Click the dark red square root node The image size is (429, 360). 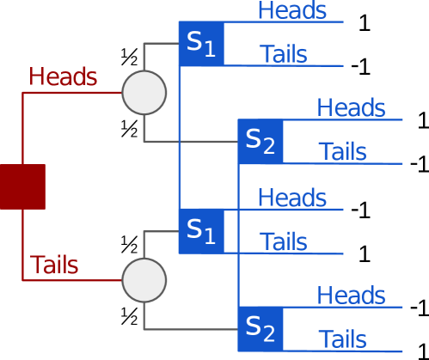[x=22, y=186]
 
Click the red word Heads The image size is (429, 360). [x=63, y=76]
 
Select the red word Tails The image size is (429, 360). [x=54, y=265]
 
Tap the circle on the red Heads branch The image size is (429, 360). [x=144, y=93]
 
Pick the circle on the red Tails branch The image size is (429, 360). [x=144, y=280]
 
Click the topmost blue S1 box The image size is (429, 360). [x=201, y=43]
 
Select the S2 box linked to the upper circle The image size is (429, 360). [x=260, y=142]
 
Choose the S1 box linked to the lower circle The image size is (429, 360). [x=201, y=230]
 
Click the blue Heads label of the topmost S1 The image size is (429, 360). [x=292, y=10]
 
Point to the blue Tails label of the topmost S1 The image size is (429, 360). [x=284, y=54]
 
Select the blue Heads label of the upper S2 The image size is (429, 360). [x=351, y=108]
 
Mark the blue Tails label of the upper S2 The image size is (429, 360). [x=342, y=152]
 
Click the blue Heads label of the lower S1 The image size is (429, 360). [x=292, y=198]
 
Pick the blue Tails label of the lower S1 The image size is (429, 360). [x=284, y=241]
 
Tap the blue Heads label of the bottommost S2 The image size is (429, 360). [x=351, y=296]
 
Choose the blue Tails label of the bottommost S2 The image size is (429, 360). [x=342, y=339]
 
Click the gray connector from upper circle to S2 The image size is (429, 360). [x=189, y=141]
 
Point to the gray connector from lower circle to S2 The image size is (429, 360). [x=189, y=329]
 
